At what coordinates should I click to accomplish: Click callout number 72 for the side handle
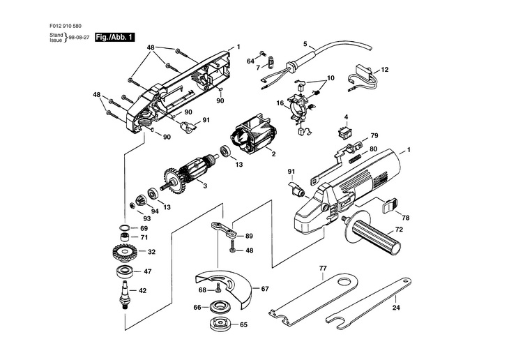click(x=399, y=230)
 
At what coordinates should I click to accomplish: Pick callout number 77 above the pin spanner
click(x=323, y=267)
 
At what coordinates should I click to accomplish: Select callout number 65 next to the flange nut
click(x=243, y=324)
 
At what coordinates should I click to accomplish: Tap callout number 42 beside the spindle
click(x=142, y=291)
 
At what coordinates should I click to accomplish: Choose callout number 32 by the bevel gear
click(x=151, y=252)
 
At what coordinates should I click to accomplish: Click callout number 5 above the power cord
click(x=305, y=44)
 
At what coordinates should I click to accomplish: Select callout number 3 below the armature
click(x=204, y=186)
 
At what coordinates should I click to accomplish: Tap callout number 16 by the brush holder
click(x=280, y=103)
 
